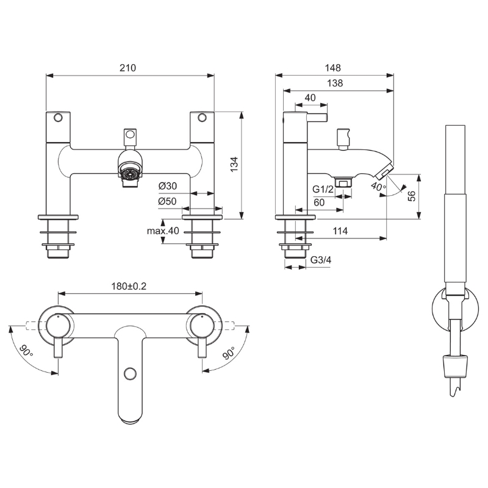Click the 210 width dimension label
click(127, 68)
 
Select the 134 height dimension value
click(234, 165)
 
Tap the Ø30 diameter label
click(167, 186)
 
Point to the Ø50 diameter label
click(167, 201)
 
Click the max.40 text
click(163, 231)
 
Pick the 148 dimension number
click(332, 68)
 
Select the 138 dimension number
click(335, 83)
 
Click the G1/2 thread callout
click(323, 189)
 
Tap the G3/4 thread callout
click(321, 260)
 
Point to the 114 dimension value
click(340, 231)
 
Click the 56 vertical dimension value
click(412, 196)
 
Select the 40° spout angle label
click(378, 187)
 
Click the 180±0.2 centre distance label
click(129, 286)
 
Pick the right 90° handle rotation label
click(229, 353)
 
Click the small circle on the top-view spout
click(130, 373)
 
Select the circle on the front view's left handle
click(58, 118)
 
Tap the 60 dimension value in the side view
click(319, 203)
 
